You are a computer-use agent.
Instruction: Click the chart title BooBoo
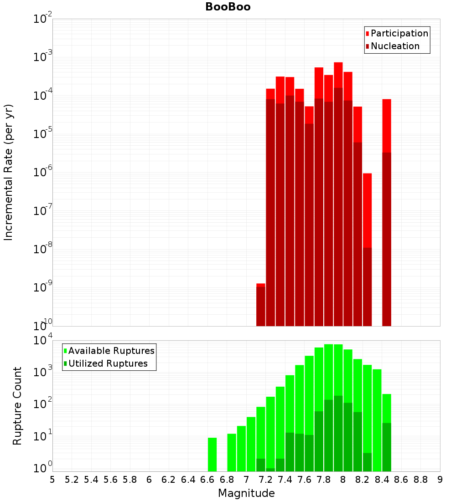228,7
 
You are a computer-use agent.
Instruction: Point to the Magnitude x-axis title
246,493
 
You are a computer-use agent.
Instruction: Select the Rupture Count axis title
17,405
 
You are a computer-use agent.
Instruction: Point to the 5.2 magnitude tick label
72,480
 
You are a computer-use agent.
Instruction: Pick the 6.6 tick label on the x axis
207,480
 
